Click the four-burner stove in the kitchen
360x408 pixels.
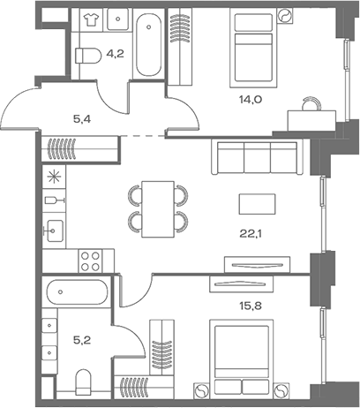(x=91, y=260)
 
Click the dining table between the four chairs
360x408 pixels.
(x=159, y=206)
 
